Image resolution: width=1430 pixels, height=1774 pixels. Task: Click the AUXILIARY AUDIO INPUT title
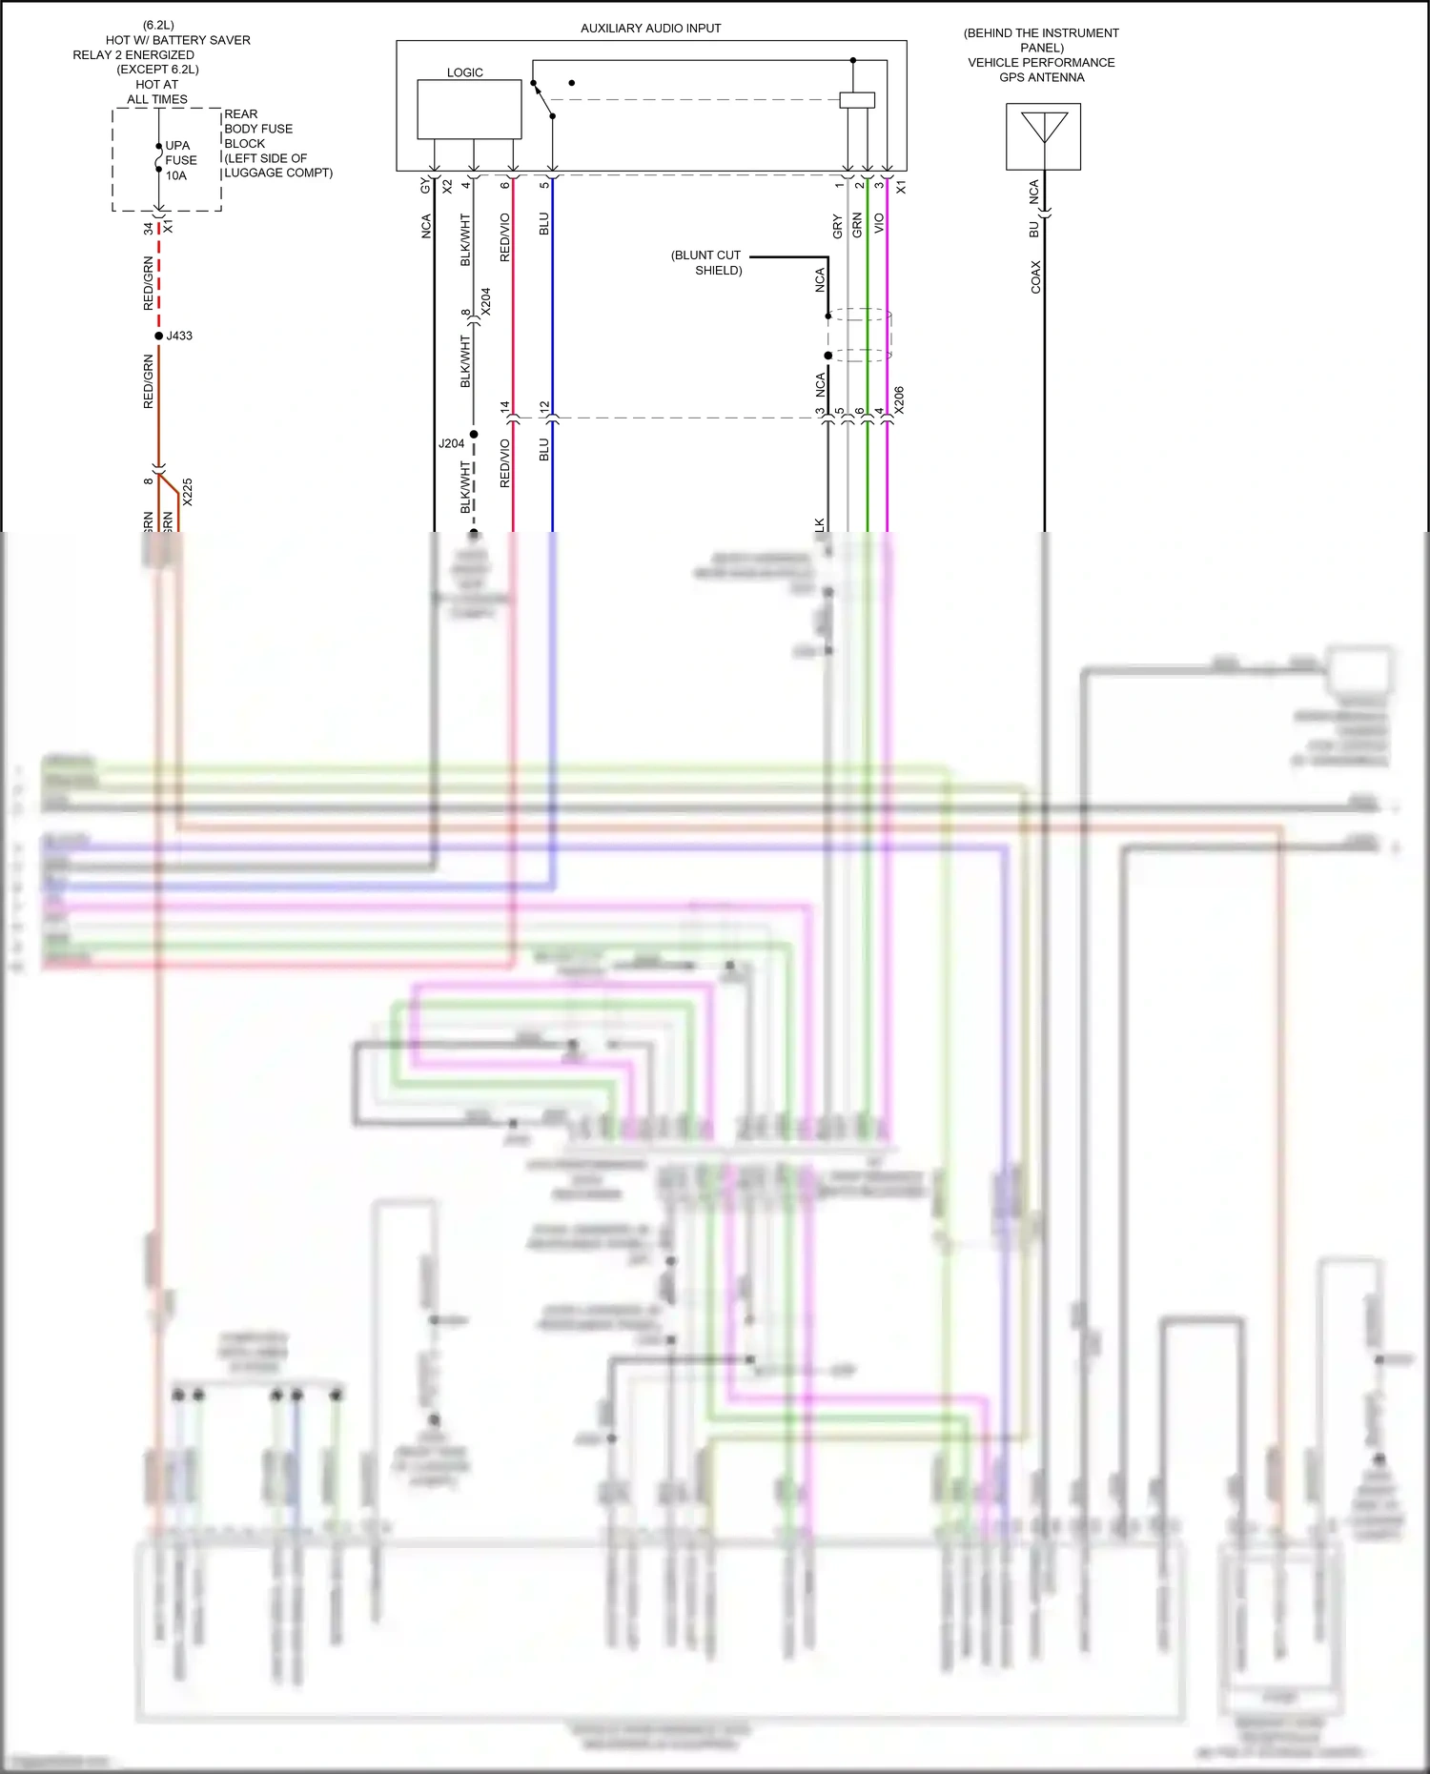point(650,29)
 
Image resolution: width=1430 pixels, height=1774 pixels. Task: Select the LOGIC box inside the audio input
point(469,110)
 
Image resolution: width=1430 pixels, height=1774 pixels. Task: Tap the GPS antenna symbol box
point(1043,136)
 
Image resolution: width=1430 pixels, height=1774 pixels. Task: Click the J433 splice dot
point(159,336)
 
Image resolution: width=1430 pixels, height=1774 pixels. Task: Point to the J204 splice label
point(451,443)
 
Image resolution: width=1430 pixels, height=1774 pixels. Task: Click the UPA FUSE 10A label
point(180,160)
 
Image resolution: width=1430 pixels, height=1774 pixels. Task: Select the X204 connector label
point(486,301)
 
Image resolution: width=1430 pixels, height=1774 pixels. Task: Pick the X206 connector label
point(899,399)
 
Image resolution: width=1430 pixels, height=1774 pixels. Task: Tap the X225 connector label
point(188,492)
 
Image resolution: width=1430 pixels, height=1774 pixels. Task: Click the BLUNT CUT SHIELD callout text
point(706,263)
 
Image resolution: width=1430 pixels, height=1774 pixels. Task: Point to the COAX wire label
point(1036,276)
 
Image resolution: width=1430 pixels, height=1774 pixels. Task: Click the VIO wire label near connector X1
point(879,224)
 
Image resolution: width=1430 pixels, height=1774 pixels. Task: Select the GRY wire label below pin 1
point(837,227)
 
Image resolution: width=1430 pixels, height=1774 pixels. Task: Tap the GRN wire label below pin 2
point(857,226)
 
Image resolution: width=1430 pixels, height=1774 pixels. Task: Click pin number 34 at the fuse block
point(148,229)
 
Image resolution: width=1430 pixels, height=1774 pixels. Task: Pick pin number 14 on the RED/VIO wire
point(505,406)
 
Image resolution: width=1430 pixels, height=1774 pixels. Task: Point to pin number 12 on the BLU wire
point(544,406)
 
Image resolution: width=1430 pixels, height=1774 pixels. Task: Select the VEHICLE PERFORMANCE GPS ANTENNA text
point(1041,70)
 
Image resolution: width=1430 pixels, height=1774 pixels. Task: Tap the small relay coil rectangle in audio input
point(857,99)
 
